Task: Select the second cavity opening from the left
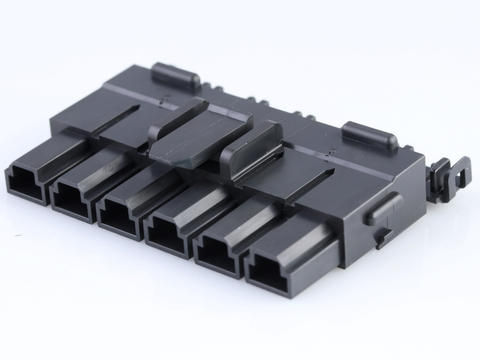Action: pyautogui.click(x=71, y=199)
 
